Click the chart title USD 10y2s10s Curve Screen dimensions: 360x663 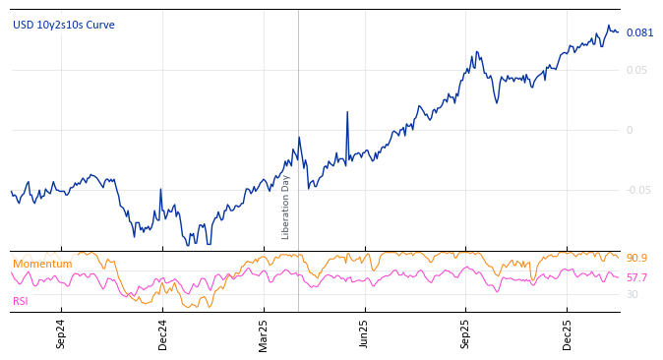[63, 25]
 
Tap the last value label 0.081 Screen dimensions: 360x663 [639, 32]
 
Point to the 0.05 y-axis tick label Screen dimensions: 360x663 [637, 70]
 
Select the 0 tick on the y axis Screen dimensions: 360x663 [631, 130]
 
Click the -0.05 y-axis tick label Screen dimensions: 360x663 [639, 190]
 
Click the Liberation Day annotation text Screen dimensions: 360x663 [286, 208]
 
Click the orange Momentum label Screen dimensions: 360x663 [42, 264]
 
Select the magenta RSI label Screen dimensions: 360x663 [21, 301]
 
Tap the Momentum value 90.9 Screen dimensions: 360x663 [637, 258]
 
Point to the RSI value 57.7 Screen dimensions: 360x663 [637, 278]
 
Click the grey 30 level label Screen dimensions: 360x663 [633, 294]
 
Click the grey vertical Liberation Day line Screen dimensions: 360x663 [298, 98]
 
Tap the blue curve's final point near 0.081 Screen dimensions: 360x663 [618, 32]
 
